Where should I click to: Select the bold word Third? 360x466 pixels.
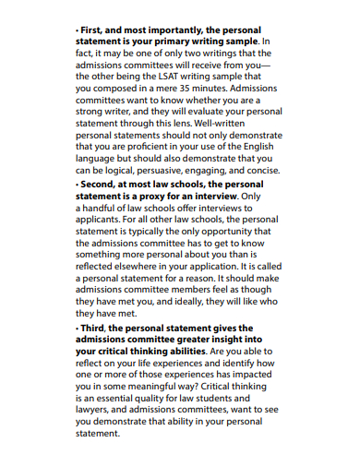(96, 327)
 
